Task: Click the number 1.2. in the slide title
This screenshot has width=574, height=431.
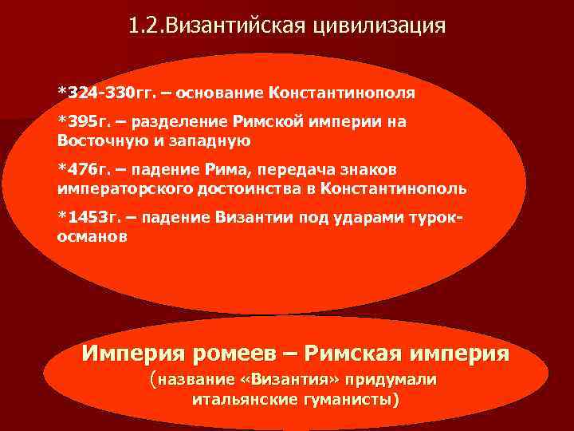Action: tap(144, 26)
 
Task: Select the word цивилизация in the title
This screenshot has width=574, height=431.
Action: tap(383, 26)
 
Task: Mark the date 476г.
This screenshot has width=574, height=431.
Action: tap(87, 172)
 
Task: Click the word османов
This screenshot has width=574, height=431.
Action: tap(91, 238)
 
